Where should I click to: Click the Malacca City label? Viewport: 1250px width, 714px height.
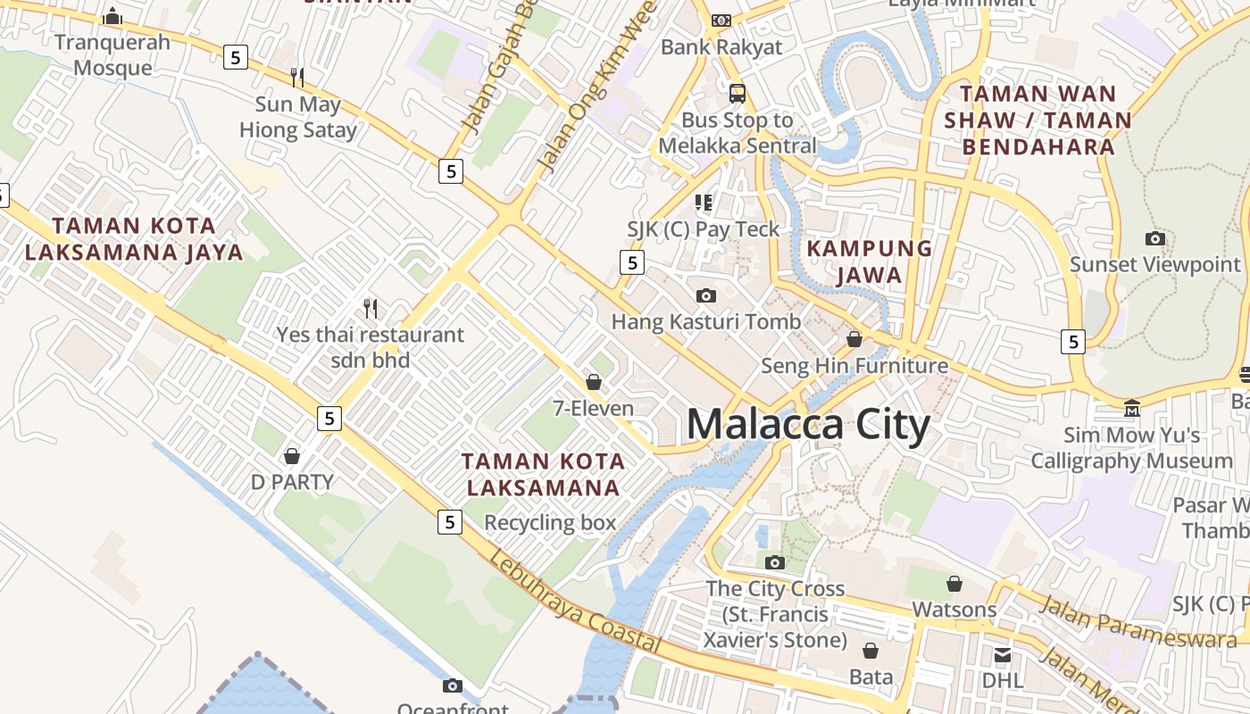[808, 425]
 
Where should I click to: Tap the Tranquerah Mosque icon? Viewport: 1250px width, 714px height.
[112, 16]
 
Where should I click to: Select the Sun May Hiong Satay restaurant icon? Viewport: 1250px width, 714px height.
[297, 78]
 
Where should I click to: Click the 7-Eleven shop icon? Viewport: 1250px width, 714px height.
[594, 382]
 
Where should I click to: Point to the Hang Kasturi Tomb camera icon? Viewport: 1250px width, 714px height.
[705, 295]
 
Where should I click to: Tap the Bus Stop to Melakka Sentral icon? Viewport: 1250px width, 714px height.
[737, 93]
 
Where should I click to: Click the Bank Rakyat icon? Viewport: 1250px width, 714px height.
[721, 20]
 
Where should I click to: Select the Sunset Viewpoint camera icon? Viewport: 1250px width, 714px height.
[1155, 238]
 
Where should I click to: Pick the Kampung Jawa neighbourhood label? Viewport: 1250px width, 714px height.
[870, 262]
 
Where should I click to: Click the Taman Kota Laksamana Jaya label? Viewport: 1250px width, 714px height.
[134, 239]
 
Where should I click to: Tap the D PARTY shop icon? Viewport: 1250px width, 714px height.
[291, 456]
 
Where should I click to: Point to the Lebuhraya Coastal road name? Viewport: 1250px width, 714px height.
[575, 602]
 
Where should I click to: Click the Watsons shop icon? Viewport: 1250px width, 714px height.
[954, 584]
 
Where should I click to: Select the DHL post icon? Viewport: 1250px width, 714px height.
[1002, 655]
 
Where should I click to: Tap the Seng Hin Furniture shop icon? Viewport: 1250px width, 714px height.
[854, 339]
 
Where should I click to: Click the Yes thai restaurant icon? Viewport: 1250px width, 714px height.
[371, 309]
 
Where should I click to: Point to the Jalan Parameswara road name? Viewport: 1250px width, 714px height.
[1137, 621]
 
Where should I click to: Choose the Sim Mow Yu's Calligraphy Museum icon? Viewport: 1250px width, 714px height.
[1132, 409]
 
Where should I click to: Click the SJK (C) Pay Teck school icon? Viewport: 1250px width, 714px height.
[704, 203]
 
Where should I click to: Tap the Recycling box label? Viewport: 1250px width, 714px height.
[550, 522]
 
